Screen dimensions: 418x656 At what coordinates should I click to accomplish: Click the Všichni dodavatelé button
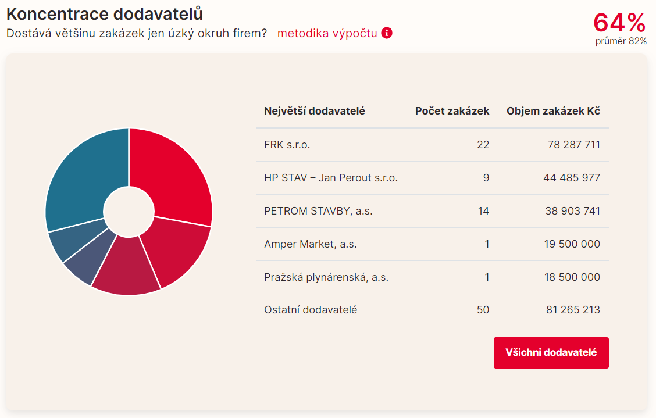pos(551,352)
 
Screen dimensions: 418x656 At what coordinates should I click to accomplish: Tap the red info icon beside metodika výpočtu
pos(387,33)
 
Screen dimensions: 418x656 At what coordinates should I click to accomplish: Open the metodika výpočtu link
pos(327,33)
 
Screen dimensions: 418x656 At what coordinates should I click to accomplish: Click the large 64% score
pos(619,23)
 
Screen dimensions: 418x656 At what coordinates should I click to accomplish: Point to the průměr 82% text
pos(621,41)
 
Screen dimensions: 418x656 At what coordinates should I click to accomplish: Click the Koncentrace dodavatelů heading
pos(105,13)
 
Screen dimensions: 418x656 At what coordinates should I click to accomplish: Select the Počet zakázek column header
pos(452,111)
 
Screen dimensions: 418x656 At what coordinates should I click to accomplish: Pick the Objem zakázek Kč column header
pos(553,111)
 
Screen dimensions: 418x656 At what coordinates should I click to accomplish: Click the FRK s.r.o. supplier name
pos(287,145)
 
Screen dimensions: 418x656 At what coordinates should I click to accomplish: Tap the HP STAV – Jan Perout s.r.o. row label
pos(330,178)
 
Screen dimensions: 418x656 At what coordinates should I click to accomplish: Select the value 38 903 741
pos(572,211)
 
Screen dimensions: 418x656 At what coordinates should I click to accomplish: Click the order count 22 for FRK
pos(483,145)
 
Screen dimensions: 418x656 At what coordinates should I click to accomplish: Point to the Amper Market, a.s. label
pos(310,244)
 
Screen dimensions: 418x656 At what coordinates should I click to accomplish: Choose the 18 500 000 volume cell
pos(572,277)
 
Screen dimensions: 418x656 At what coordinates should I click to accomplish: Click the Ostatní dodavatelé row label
pos(310,310)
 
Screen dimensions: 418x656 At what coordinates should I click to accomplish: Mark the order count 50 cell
pos(483,310)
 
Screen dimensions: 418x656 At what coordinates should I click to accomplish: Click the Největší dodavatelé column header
pos(314,111)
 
